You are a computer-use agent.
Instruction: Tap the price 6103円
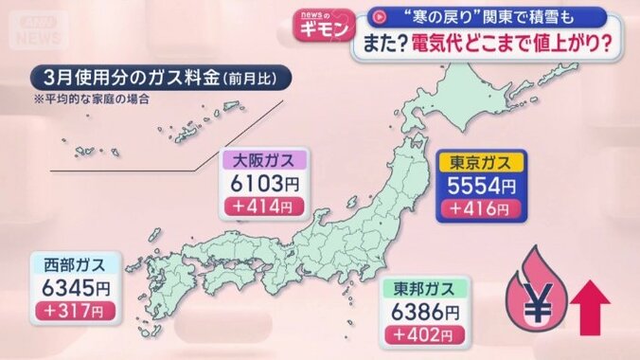tap(258, 183)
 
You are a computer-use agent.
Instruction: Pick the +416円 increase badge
tap(477, 207)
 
